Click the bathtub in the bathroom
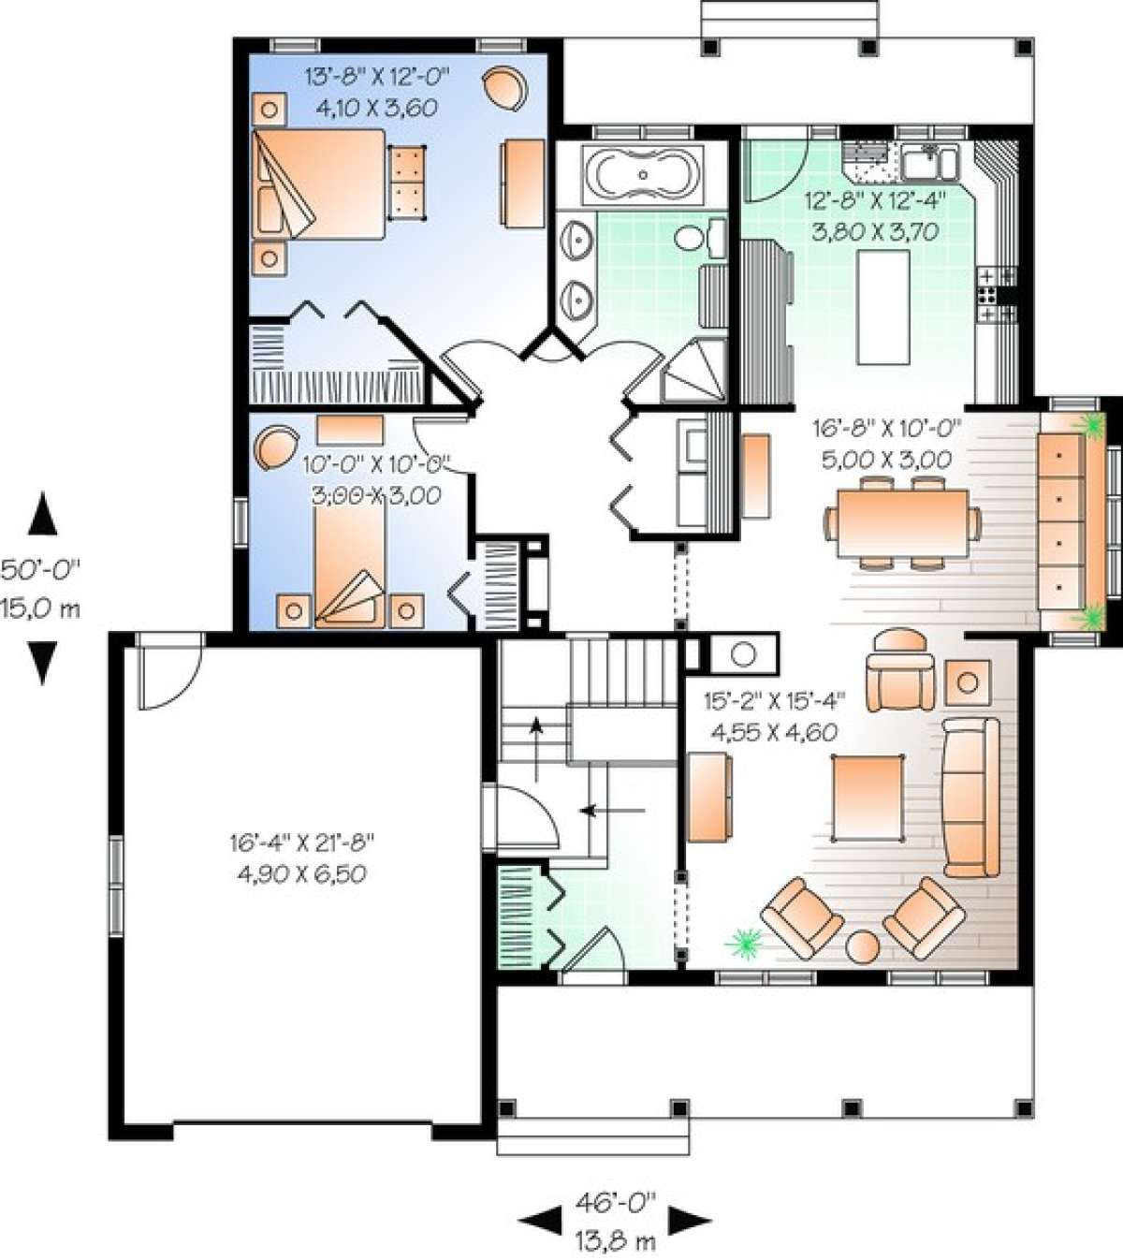[644, 175]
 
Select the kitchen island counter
[883, 307]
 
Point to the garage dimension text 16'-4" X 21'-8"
[301, 842]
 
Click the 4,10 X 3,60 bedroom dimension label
[377, 109]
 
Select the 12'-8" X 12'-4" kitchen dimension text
[875, 201]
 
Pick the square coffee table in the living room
[868, 798]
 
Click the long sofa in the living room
[970, 798]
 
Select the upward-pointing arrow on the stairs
[536, 749]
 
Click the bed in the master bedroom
[318, 183]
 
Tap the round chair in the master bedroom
[505, 88]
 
